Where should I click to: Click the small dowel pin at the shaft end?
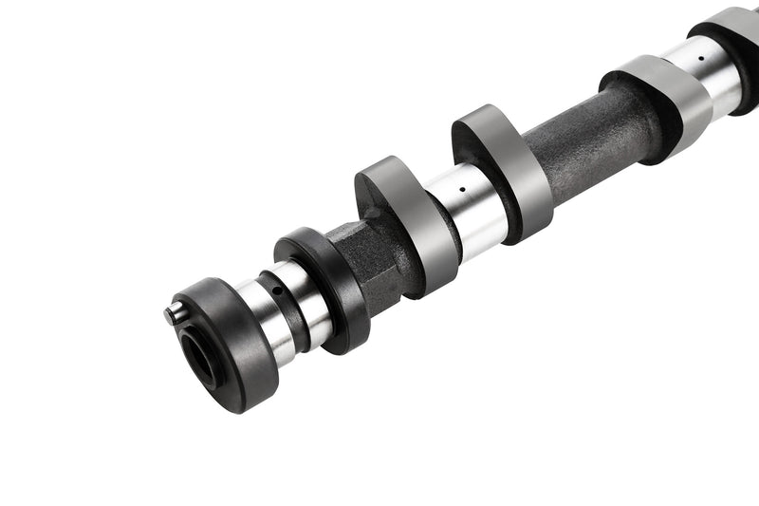click(171, 311)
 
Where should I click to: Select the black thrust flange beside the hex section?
click(327, 285)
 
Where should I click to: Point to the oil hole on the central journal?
click(462, 189)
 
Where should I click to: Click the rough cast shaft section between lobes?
click(588, 142)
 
